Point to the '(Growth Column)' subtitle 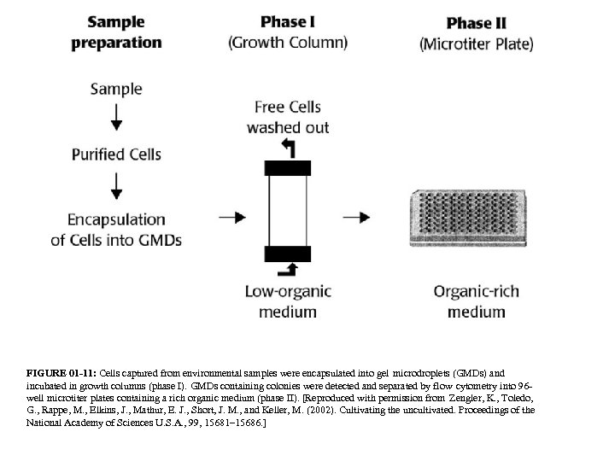pyautogui.click(x=288, y=42)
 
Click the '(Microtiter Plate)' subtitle pyautogui.click(x=476, y=43)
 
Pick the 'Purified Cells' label pyautogui.click(x=116, y=155)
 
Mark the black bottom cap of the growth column pyautogui.click(x=287, y=253)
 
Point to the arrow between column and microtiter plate pyautogui.click(x=360, y=217)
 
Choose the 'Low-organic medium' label pyautogui.click(x=287, y=301)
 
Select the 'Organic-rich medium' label pyautogui.click(x=476, y=301)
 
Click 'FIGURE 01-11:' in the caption pyautogui.click(x=61, y=374)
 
